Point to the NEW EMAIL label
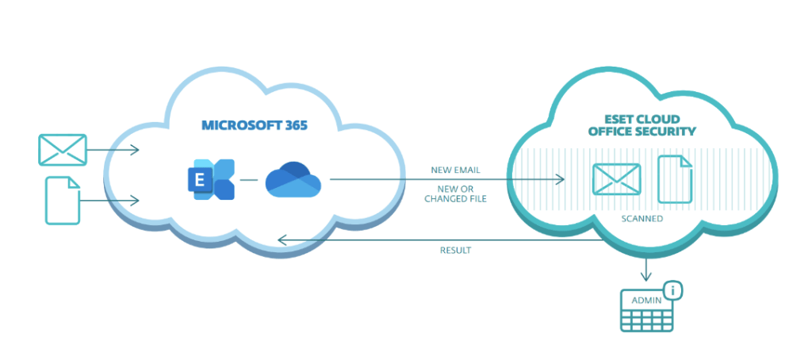click(455, 170)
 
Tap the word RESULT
click(455, 251)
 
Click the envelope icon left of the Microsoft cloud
click(63, 149)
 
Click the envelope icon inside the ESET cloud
click(616, 179)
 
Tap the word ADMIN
click(645, 301)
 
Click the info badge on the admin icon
click(673, 291)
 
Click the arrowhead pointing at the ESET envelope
click(561, 180)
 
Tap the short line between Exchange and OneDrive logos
click(249, 180)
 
